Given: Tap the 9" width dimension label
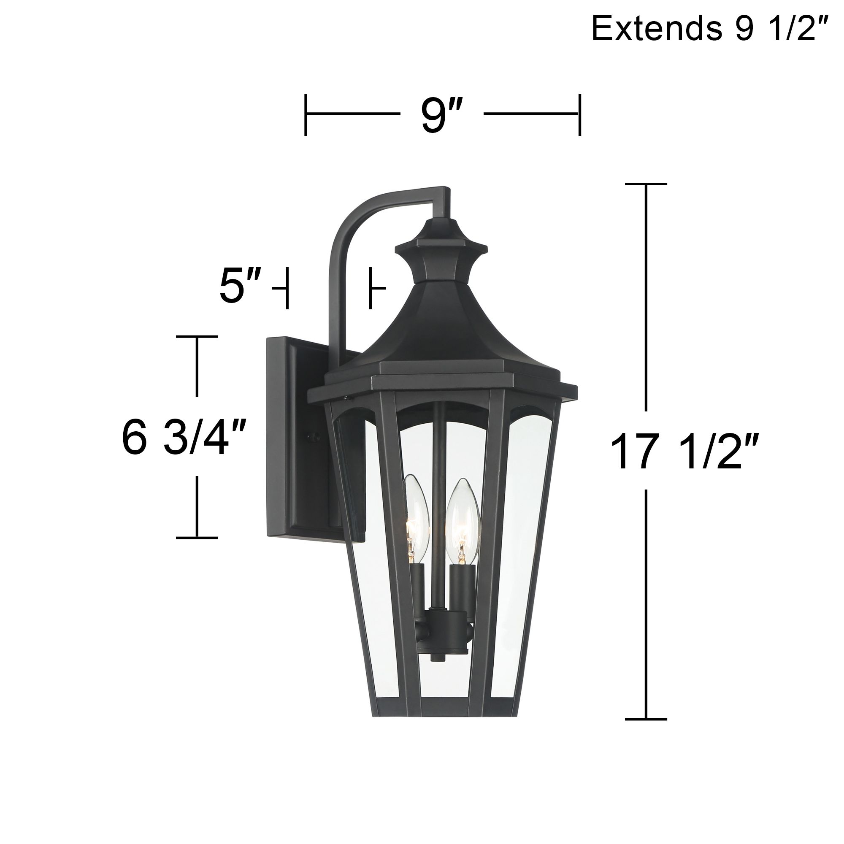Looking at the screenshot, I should (x=441, y=116).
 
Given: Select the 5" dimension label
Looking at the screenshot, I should (x=240, y=287).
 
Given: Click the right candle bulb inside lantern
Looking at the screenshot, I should (x=462, y=516).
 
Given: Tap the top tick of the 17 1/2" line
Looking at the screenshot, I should (x=646, y=184).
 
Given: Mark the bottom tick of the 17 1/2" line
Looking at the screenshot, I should (x=646, y=719).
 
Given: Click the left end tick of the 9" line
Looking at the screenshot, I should (x=306, y=114).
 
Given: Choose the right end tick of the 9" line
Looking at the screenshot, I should (x=579, y=114).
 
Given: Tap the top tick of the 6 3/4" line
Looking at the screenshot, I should (x=197, y=336).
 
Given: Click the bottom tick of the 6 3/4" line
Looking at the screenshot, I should (x=197, y=538).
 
